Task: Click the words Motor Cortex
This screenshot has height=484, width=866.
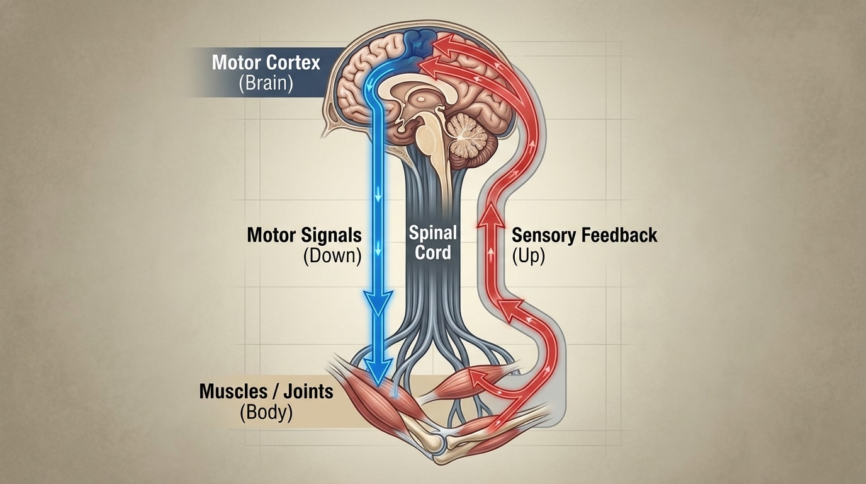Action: tap(266, 62)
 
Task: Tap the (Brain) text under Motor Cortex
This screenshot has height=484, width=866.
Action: tap(266, 84)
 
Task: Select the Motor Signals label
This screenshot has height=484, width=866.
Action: tap(304, 235)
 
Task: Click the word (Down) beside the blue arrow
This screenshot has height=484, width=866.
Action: tap(332, 256)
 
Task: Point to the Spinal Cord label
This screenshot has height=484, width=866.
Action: tap(433, 243)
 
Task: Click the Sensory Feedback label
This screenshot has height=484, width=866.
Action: tap(584, 235)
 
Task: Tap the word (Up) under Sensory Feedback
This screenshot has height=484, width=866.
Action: tap(528, 256)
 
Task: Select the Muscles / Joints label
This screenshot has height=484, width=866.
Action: tap(266, 391)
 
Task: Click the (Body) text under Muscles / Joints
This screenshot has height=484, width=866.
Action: tap(266, 413)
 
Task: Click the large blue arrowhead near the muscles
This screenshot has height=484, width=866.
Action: tap(378, 372)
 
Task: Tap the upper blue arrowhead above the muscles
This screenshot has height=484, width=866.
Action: tap(378, 302)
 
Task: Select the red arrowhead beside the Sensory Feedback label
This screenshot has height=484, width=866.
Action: tap(492, 217)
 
